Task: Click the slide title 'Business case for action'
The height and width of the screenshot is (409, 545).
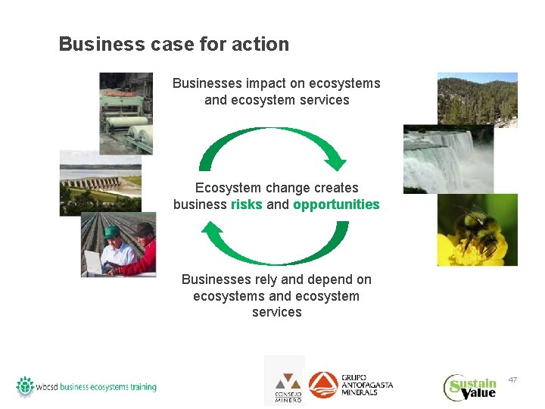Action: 173,44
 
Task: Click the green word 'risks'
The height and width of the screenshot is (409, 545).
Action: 247,204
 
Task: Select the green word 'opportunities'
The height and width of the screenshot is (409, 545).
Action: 336,204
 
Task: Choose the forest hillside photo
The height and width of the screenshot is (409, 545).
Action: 478,98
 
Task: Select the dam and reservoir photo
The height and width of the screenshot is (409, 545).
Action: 100,182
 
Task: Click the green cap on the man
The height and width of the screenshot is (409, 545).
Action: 113,232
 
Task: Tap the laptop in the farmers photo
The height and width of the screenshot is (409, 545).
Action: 95,262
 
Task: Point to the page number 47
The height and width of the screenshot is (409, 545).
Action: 512,379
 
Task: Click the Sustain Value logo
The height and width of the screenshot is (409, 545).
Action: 470,387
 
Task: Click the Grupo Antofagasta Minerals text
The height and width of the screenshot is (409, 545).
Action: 367,385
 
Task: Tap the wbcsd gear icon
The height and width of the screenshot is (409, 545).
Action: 25,386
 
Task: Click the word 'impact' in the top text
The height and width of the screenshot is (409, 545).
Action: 264,83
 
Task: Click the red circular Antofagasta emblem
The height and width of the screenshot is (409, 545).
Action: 323,385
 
